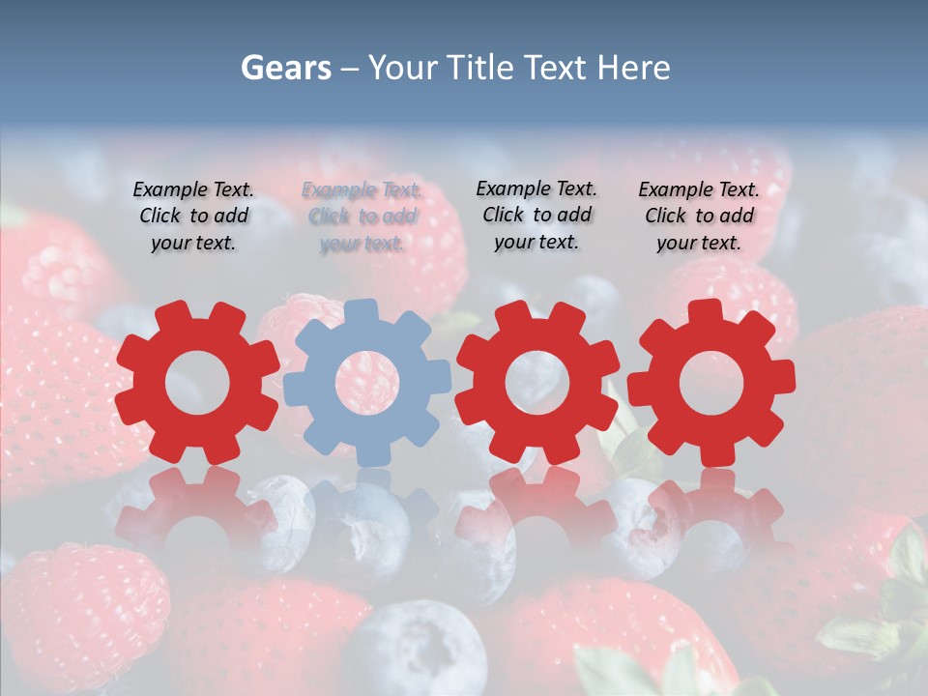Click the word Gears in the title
[285, 68]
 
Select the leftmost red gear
[145, 425]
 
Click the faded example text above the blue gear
[362, 217]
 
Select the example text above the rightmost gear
[699, 217]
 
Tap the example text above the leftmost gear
[193, 217]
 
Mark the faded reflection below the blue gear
[367, 512]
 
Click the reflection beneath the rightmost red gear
[710, 512]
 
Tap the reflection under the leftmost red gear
[197, 512]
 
